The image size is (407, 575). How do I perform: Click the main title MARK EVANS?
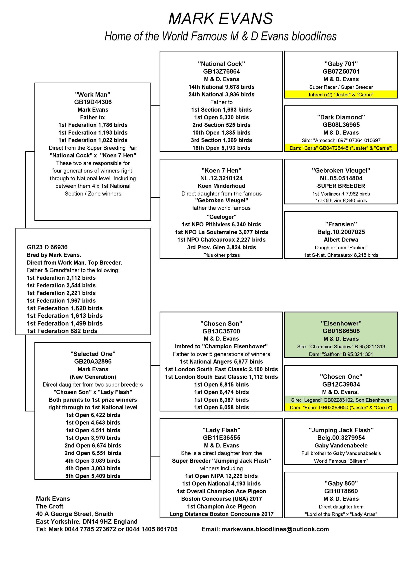[220, 19]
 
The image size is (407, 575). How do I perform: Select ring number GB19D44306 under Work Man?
[93, 102]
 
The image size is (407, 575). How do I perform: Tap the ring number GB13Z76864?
[221, 71]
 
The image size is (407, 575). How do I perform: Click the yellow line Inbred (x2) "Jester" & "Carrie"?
[341, 95]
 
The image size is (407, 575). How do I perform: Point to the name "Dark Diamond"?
[341, 117]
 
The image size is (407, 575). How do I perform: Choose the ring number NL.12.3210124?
[221, 178]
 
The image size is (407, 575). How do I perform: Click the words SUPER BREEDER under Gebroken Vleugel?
[341, 186]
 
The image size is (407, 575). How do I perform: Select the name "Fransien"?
[341, 224]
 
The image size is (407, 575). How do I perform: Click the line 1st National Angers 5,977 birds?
[221, 362]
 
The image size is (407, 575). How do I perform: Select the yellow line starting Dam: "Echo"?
[341, 407]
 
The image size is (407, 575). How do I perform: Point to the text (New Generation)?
[93, 377]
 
